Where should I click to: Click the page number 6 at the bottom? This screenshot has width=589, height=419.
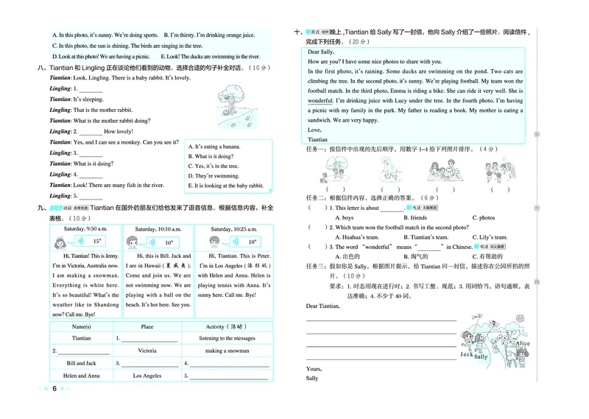coord(54,389)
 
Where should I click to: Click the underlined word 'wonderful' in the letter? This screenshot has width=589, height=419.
coord(320,99)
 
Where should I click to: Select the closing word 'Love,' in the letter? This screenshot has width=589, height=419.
coord(315,129)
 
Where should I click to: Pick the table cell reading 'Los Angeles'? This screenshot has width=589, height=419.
coord(147,376)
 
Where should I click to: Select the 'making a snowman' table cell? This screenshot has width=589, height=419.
coord(225,351)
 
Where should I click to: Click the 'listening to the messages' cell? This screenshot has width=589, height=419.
coord(225,339)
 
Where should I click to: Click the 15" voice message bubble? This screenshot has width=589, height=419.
coord(95,242)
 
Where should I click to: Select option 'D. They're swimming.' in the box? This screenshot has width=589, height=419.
coord(214,176)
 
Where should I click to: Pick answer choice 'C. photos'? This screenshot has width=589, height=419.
coord(483,218)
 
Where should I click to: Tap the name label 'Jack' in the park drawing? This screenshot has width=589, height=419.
coord(465,354)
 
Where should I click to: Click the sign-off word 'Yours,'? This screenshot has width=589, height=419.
coord(314,368)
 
